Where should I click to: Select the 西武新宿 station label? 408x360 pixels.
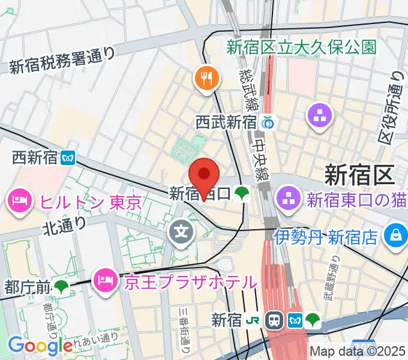226,122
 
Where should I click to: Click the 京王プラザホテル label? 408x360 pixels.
190,280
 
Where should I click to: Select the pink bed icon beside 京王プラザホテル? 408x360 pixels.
106,280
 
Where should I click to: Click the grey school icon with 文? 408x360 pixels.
181,230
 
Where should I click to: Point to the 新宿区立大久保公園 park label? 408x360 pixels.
302,47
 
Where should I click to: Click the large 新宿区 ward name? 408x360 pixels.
359,175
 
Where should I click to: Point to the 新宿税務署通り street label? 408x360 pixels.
62,61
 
